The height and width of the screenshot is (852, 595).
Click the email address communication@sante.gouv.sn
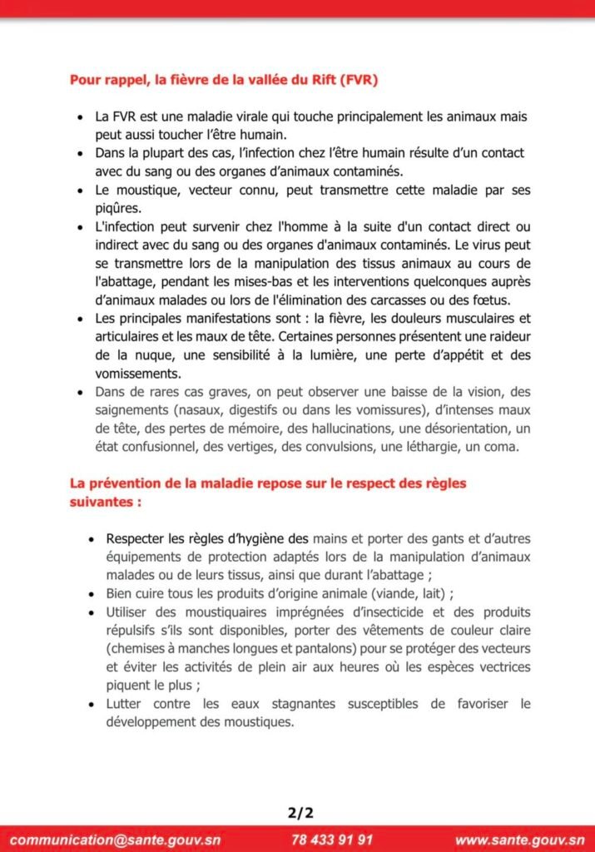pyautogui.click(x=115, y=840)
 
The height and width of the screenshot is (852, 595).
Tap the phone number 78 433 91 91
pyautogui.click(x=332, y=840)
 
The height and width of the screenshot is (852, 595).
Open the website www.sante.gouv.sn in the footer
pyautogui.click(x=520, y=840)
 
